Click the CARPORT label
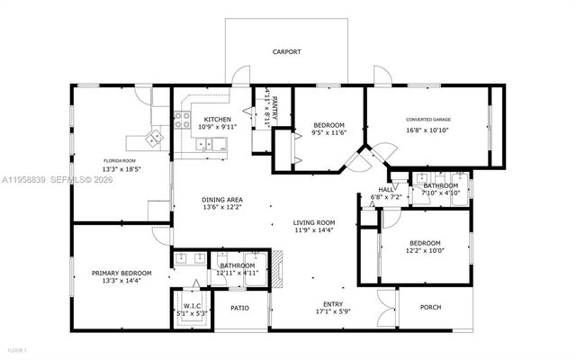pyautogui.click(x=287, y=52)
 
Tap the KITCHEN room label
pyautogui.click(x=217, y=120)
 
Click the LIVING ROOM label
pyautogui.click(x=313, y=222)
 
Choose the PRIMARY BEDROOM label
pyautogui.click(x=121, y=273)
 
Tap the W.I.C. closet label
pyautogui.click(x=193, y=305)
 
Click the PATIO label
pyautogui.click(x=239, y=308)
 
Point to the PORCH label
pyautogui.click(x=431, y=308)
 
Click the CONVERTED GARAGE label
pyautogui.click(x=428, y=120)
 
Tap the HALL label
pyautogui.click(x=385, y=190)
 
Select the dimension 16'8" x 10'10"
pyautogui.click(x=428, y=130)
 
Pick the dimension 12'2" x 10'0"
pyautogui.click(x=425, y=253)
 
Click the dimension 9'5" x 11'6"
pyautogui.click(x=328, y=133)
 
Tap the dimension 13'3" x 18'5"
pyautogui.click(x=121, y=168)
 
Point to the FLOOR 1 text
pyautogui.click(x=18, y=349)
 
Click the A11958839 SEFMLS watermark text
pyautogui.click(x=58, y=180)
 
